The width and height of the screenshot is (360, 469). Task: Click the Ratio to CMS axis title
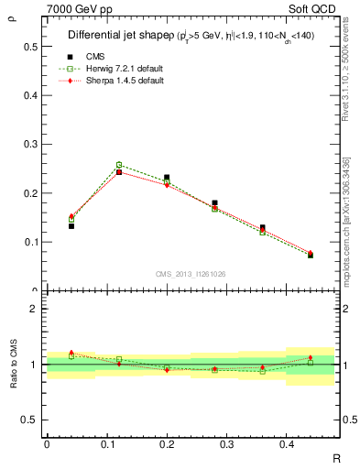(13, 365)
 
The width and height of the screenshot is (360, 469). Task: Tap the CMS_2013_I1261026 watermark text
(191, 272)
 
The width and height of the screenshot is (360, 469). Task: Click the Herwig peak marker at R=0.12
(119, 165)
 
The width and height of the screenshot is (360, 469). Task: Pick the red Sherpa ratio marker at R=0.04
(71, 353)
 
